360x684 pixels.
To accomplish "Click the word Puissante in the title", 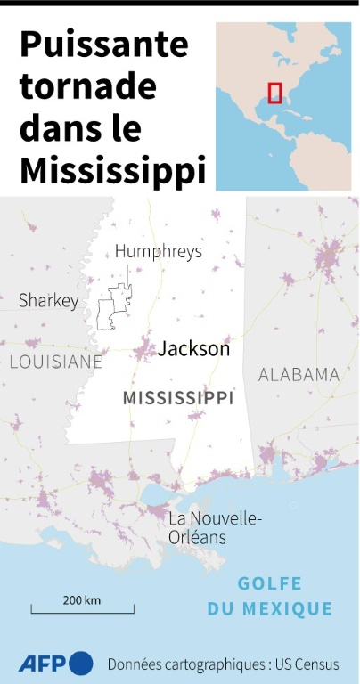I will (103, 45).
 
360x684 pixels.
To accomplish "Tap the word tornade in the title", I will (87, 86).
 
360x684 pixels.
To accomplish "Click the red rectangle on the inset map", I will (275, 93).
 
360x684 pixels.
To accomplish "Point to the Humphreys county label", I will (159, 251).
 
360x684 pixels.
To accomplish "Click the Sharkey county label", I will (48, 301).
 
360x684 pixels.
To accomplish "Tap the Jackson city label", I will (193, 349).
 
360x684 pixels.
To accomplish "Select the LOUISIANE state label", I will (56, 362).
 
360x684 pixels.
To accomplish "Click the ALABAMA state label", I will (299, 374).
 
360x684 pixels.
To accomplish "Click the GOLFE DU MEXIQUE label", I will (270, 597).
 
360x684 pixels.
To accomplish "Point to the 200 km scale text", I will (82, 599).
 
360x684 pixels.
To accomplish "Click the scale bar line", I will (82, 611).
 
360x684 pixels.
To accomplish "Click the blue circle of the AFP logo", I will (80, 664).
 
